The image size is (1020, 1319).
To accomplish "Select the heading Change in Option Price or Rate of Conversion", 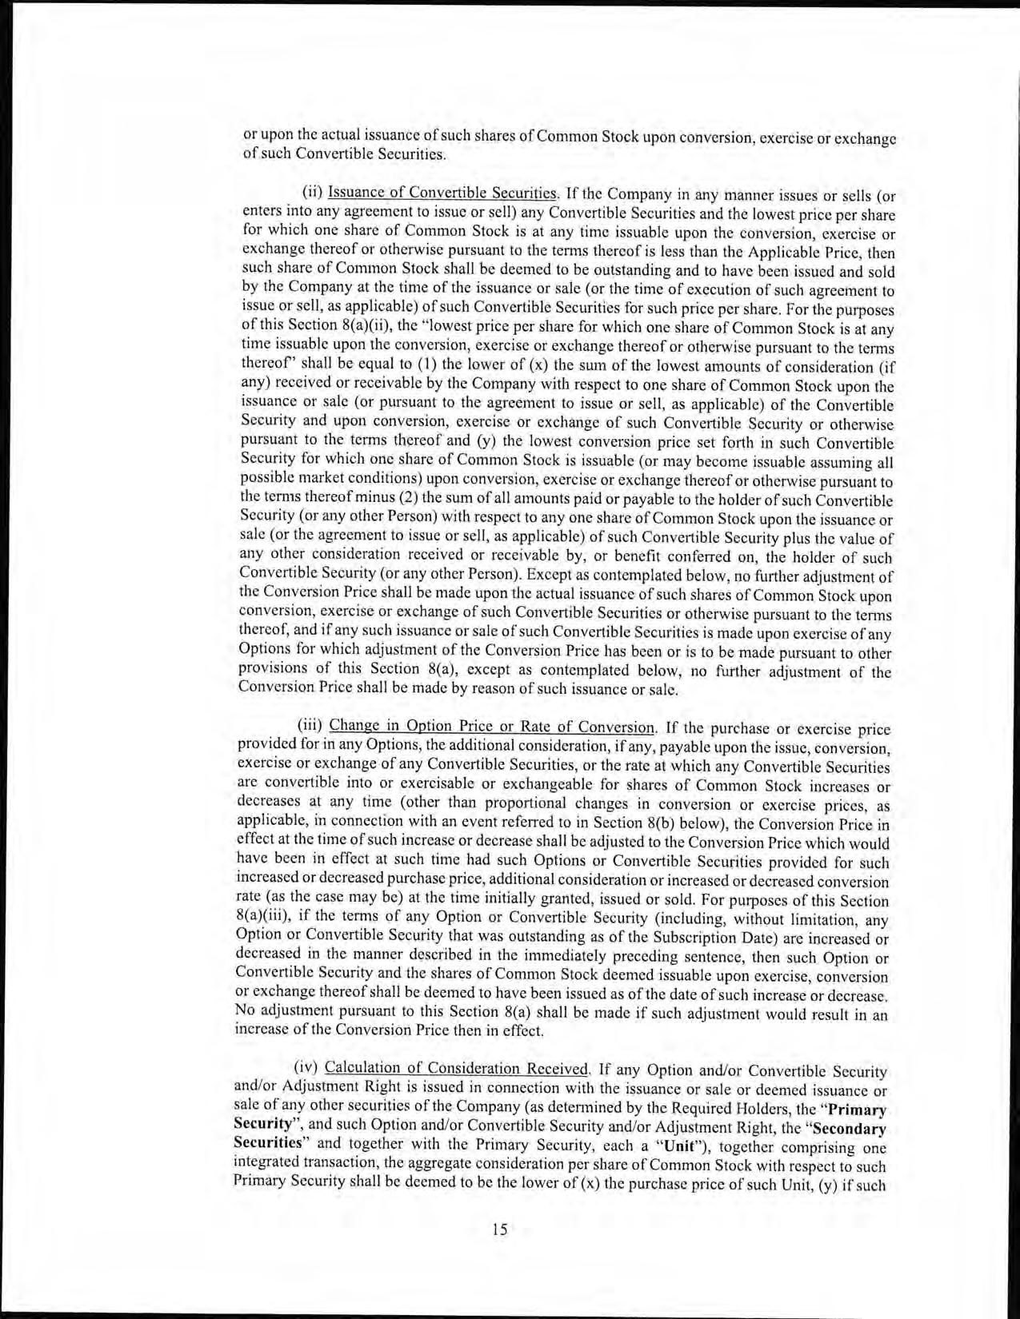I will click(x=492, y=727).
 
